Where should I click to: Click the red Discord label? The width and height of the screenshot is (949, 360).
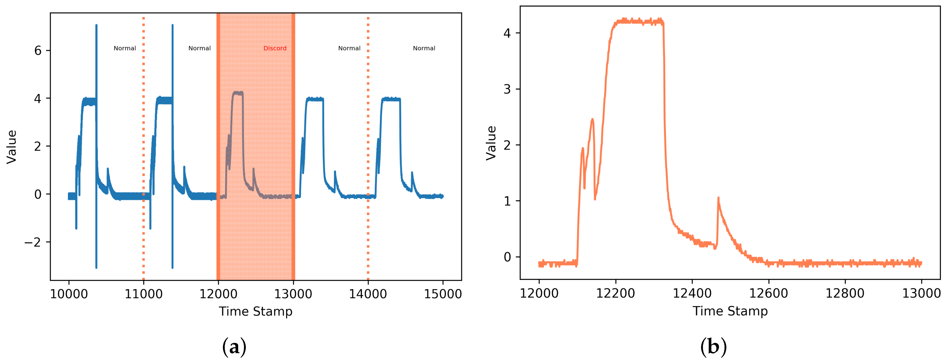tap(275, 48)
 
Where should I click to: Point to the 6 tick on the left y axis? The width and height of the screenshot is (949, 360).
tap(38, 51)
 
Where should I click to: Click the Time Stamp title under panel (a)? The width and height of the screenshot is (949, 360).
tap(256, 311)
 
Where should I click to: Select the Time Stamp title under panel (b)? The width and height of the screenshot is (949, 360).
tap(730, 311)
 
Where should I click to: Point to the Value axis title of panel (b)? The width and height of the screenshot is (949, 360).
tap(491, 143)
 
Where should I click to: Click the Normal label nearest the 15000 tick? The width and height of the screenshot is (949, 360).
tap(424, 48)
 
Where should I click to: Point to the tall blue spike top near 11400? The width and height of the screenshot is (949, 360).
tap(172, 26)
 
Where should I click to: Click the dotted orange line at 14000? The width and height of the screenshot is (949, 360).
tap(368, 147)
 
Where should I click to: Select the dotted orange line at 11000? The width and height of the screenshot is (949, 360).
tap(143, 147)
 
